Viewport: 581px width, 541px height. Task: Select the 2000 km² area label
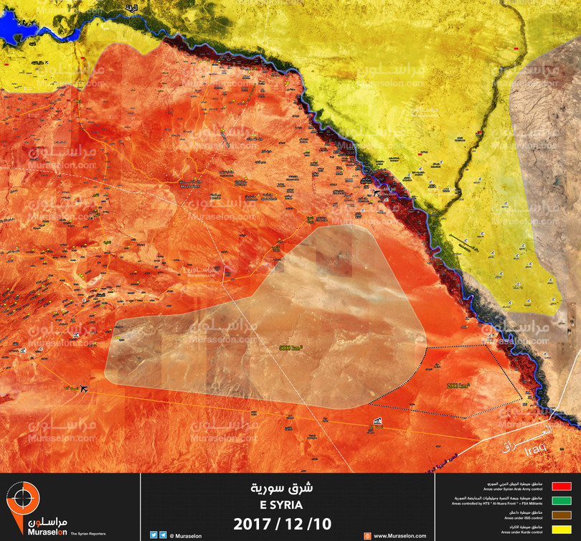(x=458, y=385)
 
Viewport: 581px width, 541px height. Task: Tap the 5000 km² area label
(x=291, y=347)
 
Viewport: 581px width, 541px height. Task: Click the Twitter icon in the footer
(x=153, y=535)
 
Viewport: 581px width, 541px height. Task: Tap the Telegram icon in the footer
(x=164, y=535)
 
